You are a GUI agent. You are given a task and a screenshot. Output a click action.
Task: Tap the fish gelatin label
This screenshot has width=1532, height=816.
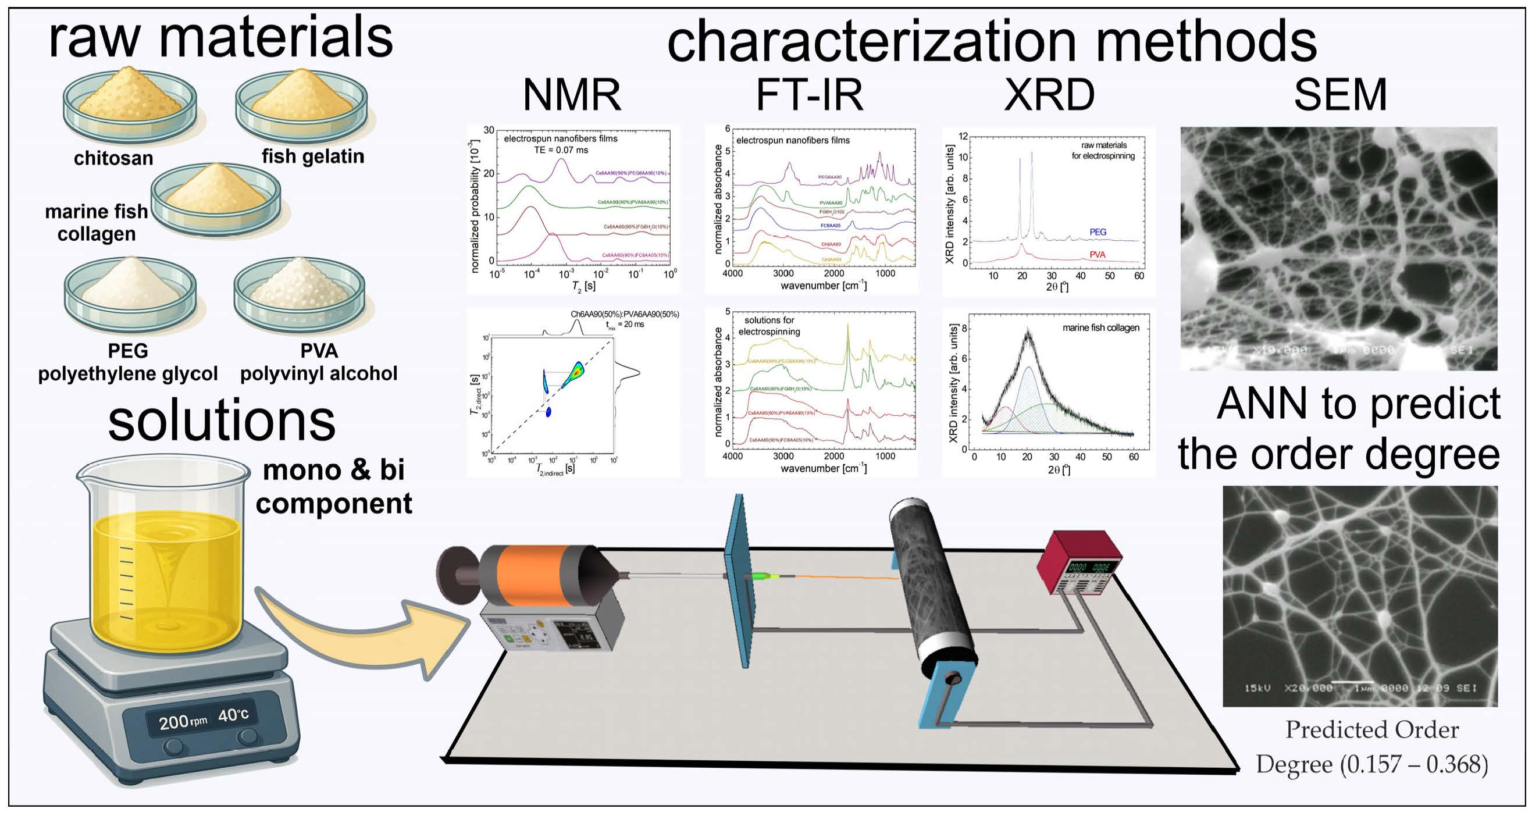pyautogui.click(x=313, y=156)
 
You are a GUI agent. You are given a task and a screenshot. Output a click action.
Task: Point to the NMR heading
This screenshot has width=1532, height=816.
pyautogui.click(x=572, y=95)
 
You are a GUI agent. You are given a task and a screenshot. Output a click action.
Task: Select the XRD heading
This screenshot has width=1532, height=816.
pyautogui.click(x=1049, y=95)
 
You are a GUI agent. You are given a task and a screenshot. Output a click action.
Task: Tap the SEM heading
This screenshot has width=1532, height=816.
pyautogui.click(x=1340, y=95)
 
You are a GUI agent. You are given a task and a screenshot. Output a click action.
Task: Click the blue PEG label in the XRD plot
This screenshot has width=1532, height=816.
pyautogui.click(x=1098, y=232)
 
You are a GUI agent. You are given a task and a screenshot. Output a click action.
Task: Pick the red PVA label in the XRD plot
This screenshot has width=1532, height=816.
pyautogui.click(x=1098, y=255)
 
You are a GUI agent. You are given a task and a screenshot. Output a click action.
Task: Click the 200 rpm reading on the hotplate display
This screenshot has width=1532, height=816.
pyautogui.click(x=182, y=721)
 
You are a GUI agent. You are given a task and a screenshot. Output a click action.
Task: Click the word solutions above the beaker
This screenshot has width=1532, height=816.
pyautogui.click(x=222, y=421)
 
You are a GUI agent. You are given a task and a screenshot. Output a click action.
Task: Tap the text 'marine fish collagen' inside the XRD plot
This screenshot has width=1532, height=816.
pyautogui.click(x=1101, y=327)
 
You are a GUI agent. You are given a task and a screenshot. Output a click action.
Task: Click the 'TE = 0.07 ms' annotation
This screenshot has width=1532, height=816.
pyautogui.click(x=561, y=150)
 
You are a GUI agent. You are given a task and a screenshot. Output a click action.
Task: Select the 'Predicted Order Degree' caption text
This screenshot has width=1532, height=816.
pyautogui.click(x=1372, y=746)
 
